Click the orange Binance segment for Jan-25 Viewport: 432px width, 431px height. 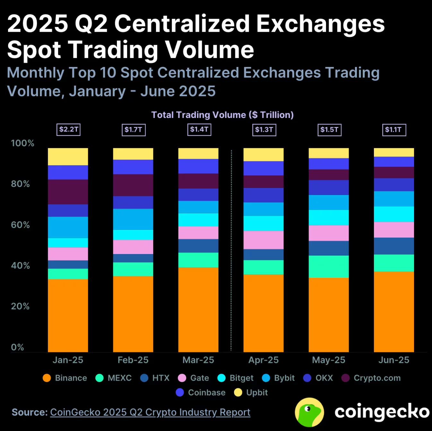pyautogui.click(x=68, y=315)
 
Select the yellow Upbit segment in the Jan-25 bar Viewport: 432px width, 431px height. pyautogui.click(x=68, y=156)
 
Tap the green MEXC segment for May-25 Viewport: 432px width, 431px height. pyautogui.click(x=329, y=266)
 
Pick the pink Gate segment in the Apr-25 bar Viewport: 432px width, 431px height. pyautogui.click(x=264, y=240)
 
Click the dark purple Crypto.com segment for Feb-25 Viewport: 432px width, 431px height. pyautogui.click(x=133, y=185)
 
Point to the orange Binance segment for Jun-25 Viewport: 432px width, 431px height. pyautogui.click(x=394, y=312)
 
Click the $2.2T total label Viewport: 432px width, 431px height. pyautogui.click(x=68, y=130)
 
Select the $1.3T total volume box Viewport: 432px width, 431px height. pyautogui.click(x=264, y=130)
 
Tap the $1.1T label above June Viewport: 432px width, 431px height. pyautogui.click(x=394, y=130)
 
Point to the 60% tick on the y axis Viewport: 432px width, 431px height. pyautogui.click(x=20, y=225)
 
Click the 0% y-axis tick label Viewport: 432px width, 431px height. pyautogui.click(x=17, y=347)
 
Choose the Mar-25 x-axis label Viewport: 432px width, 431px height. pyautogui.click(x=198, y=360)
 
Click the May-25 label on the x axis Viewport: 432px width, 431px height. pyautogui.click(x=329, y=360)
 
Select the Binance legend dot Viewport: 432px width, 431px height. pyautogui.click(x=47, y=378)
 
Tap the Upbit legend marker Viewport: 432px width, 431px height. pyautogui.click(x=238, y=393)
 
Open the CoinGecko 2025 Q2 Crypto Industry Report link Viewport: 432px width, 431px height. pyautogui.click(x=150, y=412)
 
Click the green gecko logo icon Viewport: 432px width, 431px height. pyautogui.click(x=309, y=412)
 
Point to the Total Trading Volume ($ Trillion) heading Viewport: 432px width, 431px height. pyautogui.click(x=222, y=115)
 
